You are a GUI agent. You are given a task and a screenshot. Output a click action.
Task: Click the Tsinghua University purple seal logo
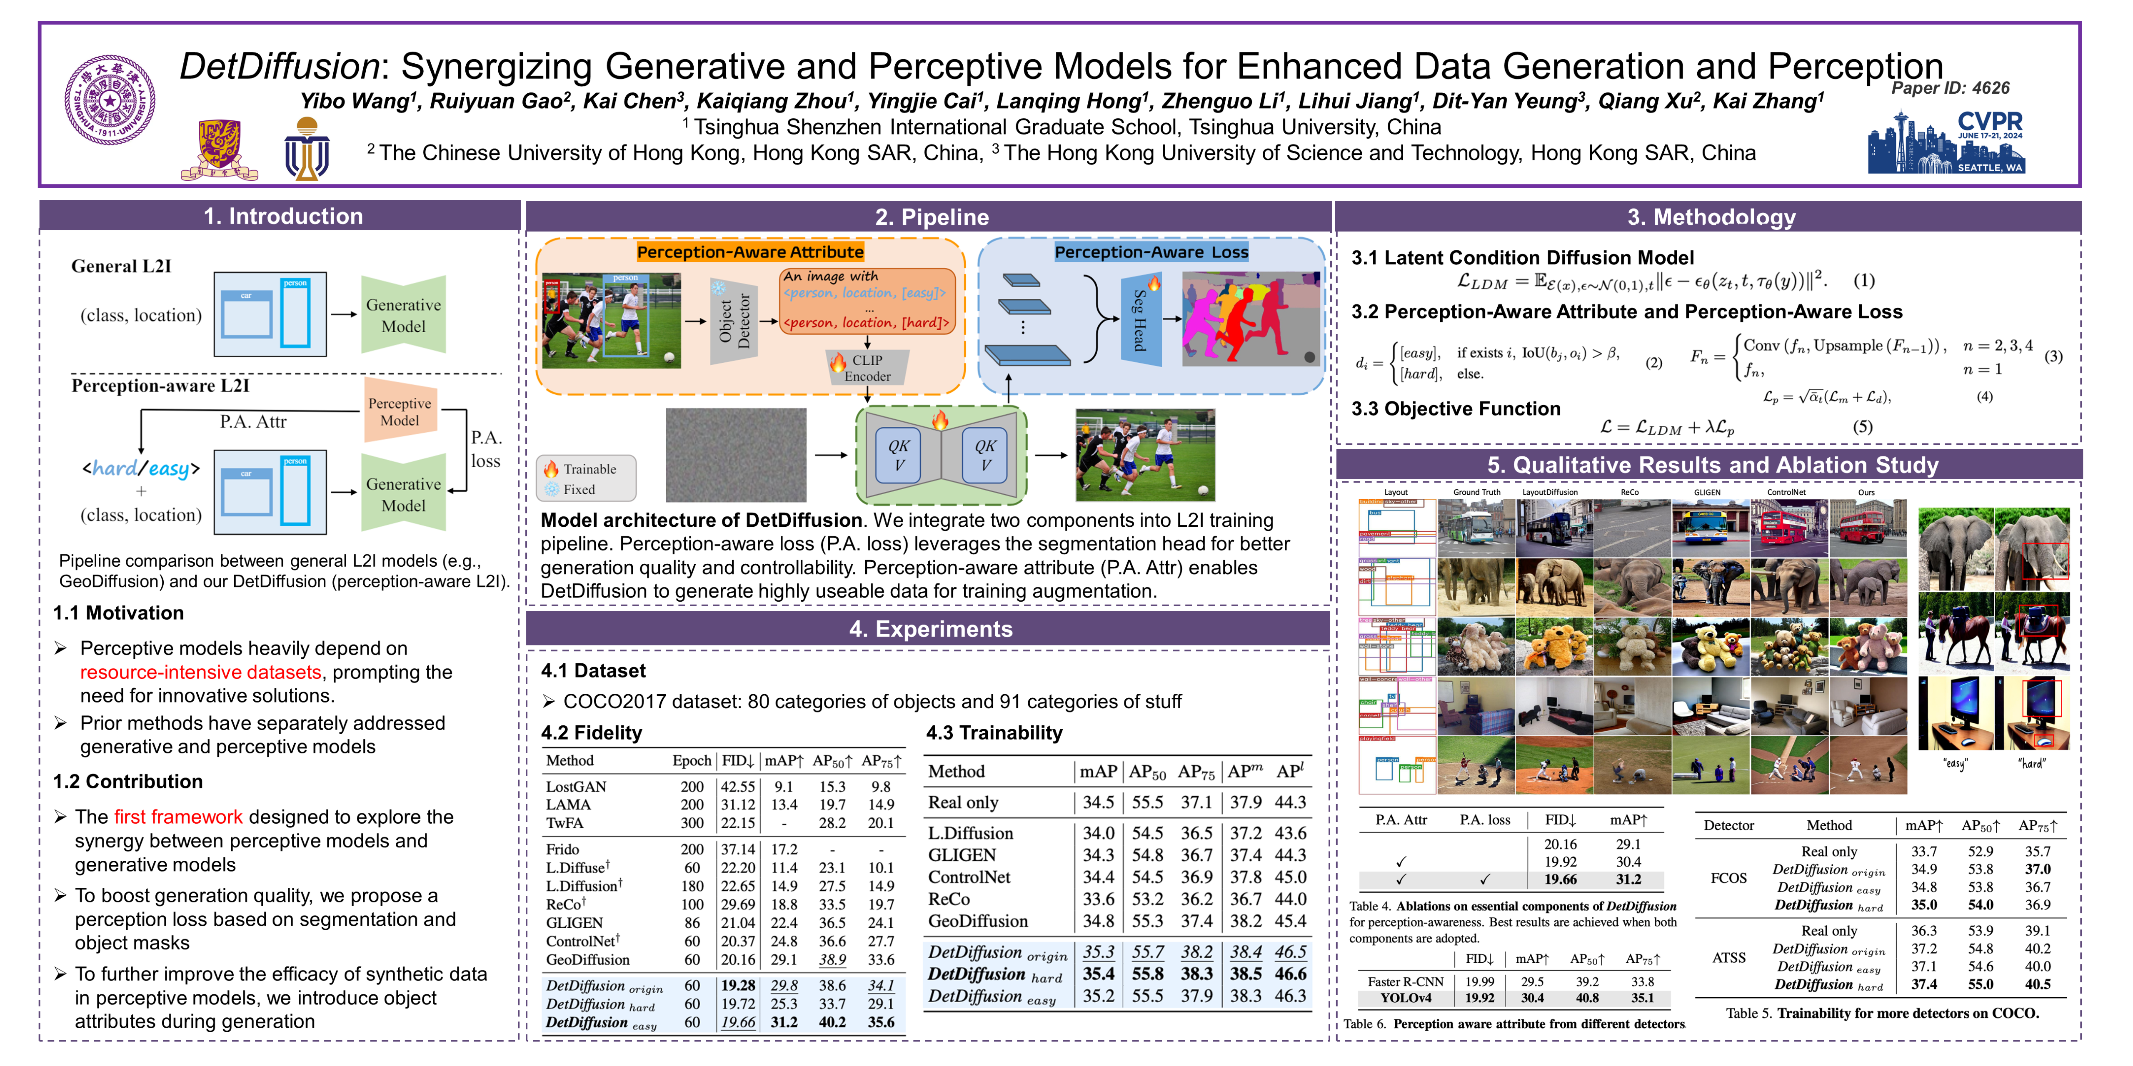pos(110,100)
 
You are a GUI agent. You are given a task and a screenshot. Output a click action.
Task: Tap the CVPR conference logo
pos(1946,142)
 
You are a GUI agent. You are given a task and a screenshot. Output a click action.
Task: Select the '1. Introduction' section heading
pos(283,216)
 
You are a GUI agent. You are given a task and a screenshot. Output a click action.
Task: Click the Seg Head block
pos(1140,319)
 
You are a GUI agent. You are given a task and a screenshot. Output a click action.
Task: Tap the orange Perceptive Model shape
pos(400,411)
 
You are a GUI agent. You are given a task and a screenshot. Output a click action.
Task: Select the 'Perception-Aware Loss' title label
pos(1151,252)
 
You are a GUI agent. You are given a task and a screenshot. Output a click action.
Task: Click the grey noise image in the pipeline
pos(735,454)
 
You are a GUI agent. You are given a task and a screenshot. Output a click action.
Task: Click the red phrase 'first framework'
pos(178,817)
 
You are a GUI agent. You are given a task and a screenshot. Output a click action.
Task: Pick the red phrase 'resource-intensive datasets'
pos(200,672)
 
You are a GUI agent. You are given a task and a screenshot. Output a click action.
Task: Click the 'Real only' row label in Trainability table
pos(963,802)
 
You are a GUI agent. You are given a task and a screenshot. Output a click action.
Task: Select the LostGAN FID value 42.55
pos(737,786)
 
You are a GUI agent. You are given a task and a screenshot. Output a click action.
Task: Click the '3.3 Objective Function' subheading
pos(1456,409)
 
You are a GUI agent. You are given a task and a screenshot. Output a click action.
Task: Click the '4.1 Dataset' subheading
pos(593,670)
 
